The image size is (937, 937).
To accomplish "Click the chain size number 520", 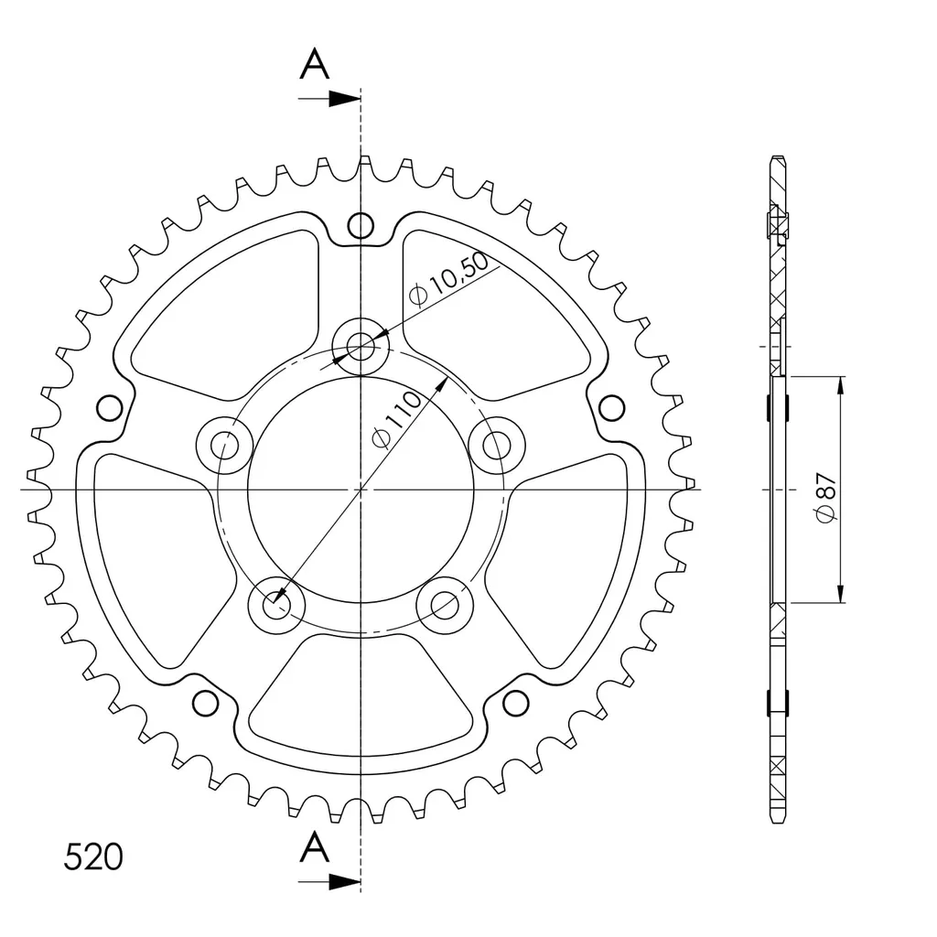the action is tap(93, 856).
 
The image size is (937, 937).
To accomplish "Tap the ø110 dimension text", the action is tap(396, 419).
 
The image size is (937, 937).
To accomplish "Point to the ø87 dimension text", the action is tap(826, 497).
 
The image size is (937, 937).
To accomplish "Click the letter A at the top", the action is tap(315, 65).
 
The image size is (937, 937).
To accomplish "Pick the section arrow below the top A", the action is tap(329, 99).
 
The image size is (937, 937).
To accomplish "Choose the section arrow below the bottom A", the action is tap(329, 881).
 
